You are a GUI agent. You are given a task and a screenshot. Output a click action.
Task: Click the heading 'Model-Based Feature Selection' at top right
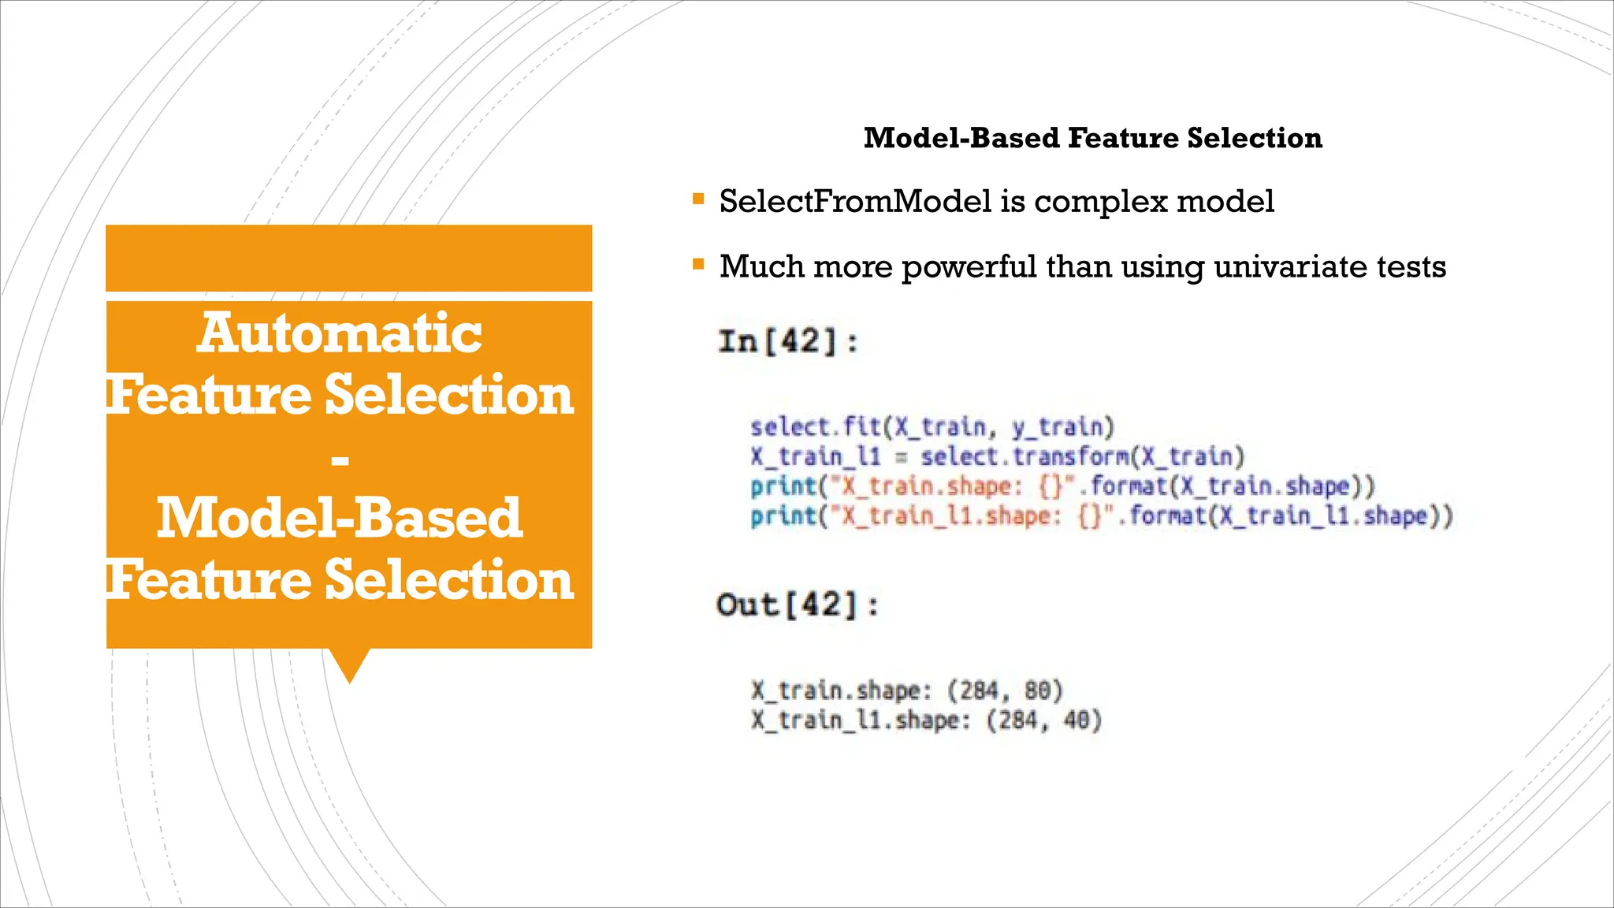(1092, 138)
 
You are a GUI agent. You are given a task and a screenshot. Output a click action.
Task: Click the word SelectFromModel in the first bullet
(855, 202)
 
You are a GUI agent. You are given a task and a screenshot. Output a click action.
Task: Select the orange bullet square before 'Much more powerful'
(698, 264)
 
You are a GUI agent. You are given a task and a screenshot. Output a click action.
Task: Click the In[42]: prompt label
(787, 342)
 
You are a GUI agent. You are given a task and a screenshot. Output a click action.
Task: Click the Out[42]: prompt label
(797, 605)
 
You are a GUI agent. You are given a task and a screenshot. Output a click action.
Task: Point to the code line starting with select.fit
(932, 427)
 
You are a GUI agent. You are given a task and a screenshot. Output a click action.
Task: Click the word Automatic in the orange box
(340, 333)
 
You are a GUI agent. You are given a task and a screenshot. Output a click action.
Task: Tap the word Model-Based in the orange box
(340, 519)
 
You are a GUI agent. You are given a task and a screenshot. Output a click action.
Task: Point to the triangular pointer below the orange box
(349, 664)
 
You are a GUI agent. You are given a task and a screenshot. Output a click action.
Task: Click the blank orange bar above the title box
(348, 258)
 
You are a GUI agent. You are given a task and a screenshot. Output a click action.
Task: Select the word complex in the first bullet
(1100, 202)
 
